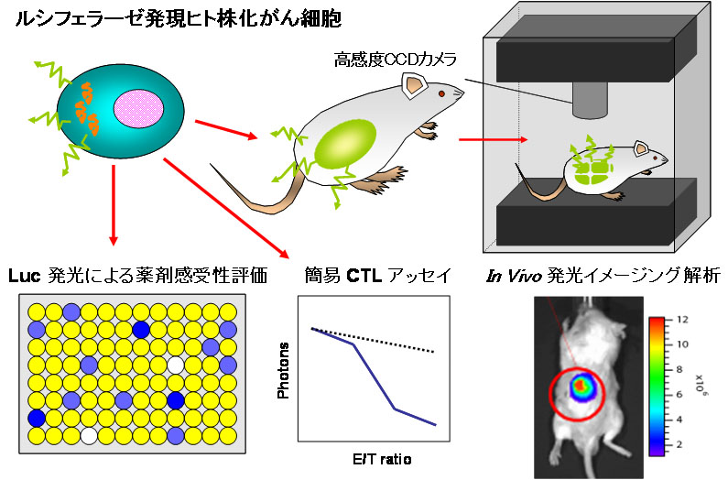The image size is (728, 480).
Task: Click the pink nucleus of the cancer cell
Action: [x=142, y=110]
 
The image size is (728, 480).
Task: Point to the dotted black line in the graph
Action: [x=375, y=340]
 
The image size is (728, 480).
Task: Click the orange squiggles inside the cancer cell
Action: [x=88, y=106]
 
